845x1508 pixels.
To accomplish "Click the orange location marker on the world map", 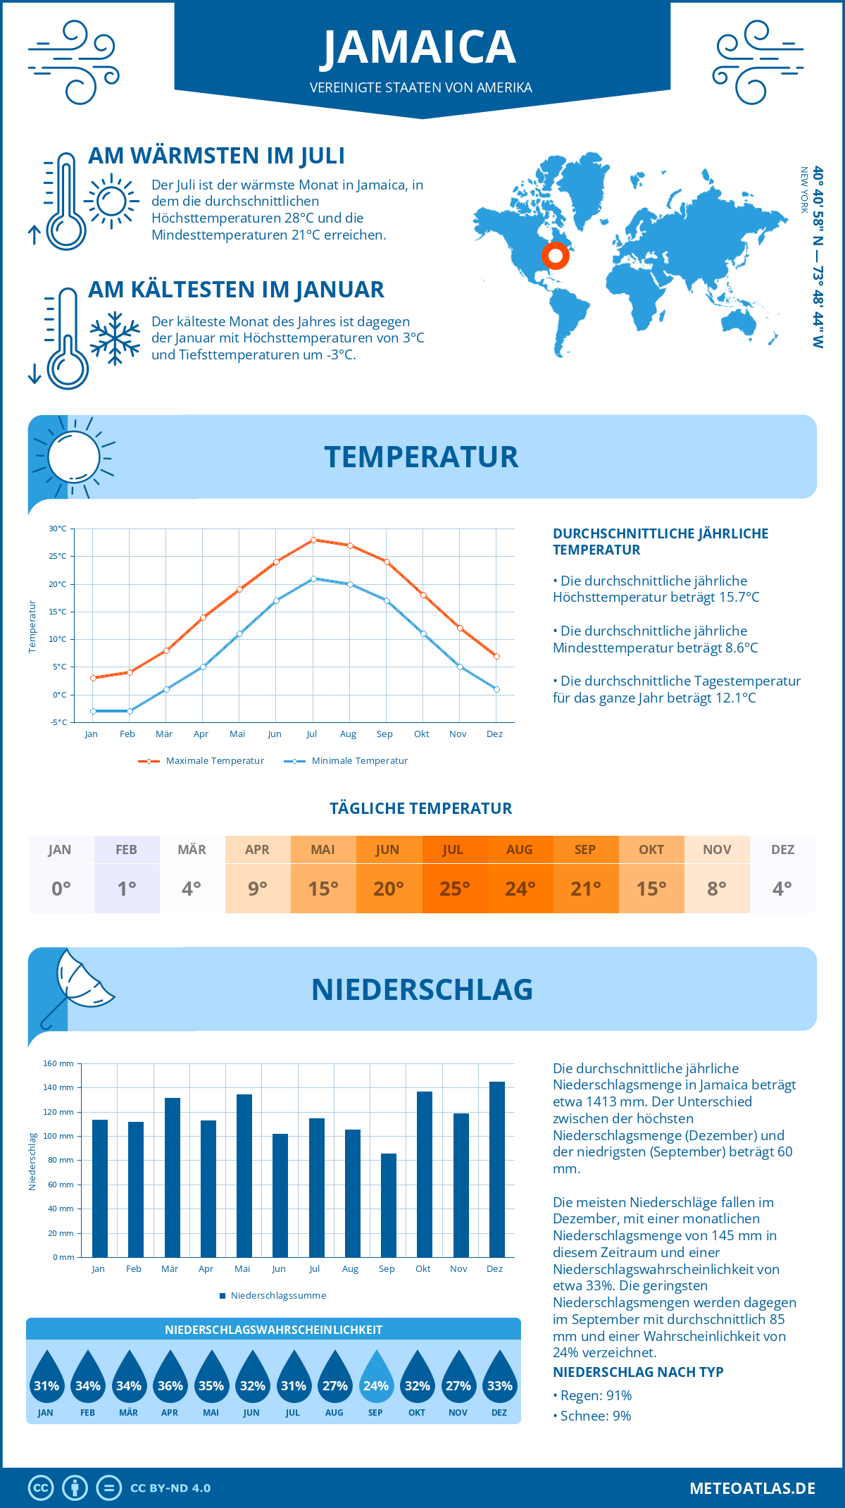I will [x=556, y=256].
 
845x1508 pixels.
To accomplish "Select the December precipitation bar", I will [x=497, y=1169].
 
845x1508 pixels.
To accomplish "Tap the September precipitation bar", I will [x=389, y=1205].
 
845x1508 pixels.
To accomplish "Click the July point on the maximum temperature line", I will [x=313, y=540].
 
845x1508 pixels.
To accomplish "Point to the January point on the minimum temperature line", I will [x=93, y=711].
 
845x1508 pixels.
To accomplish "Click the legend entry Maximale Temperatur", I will [x=201, y=761].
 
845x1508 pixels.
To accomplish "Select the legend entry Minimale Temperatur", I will [x=346, y=761].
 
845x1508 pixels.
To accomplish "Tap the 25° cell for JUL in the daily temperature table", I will [x=454, y=889].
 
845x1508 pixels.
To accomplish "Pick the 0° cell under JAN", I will [x=61, y=889].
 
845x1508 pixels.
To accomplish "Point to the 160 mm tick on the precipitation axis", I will [x=59, y=1063].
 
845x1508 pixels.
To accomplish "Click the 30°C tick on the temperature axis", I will [x=58, y=529].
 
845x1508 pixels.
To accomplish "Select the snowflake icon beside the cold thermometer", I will [x=115, y=338].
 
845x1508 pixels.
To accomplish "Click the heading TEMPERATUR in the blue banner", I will [x=421, y=457].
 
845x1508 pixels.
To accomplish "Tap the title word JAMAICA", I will [x=420, y=47].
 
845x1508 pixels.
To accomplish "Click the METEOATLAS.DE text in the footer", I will [x=752, y=1488].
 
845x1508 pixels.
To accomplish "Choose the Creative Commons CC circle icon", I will [x=41, y=1488].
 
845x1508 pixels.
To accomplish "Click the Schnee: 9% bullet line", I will [x=595, y=1416].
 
